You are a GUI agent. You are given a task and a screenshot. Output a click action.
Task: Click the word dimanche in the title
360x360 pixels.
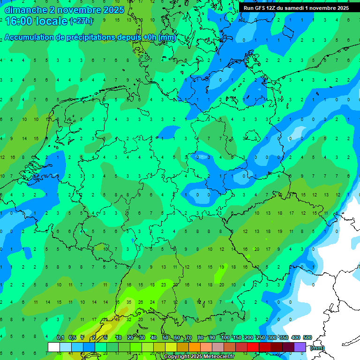pyautogui.click(x=23, y=10)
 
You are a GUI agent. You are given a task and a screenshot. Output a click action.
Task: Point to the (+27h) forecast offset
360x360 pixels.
pyautogui.click(x=81, y=21)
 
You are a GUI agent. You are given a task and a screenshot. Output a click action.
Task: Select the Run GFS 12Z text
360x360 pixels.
pyautogui.click(x=260, y=8)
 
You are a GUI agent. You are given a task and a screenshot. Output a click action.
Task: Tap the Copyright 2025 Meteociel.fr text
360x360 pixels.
pyautogui.click(x=199, y=357)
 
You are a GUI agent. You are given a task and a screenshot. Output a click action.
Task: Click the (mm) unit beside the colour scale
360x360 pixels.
pyautogui.click(x=317, y=348)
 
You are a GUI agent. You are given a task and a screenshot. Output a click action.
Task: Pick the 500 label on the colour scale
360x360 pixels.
pyautogui.click(x=307, y=337)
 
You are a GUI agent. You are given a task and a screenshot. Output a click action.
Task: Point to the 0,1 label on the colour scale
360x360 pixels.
pyautogui.click(x=60, y=337)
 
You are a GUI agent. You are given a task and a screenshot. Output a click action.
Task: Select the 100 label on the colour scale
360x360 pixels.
pyautogui.click(x=225, y=337)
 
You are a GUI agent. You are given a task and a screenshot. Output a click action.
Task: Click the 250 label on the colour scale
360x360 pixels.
pyautogui.click(x=260, y=337)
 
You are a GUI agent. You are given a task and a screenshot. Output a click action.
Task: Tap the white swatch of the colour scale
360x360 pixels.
pyautogui.click(x=53, y=347)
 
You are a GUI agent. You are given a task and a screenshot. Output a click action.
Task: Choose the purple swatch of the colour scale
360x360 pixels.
pyautogui.click(x=300, y=347)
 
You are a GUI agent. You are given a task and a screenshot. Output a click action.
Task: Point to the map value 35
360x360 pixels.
pyautogui.click(x=129, y=302)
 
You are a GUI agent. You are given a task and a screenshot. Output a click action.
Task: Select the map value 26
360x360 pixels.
pyautogui.click(x=140, y=302)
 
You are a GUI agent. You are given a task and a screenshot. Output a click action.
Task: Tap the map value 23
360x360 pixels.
pyautogui.click(x=164, y=285)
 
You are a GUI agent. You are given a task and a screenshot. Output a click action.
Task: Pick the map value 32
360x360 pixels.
pyautogui.click(x=129, y=319)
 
